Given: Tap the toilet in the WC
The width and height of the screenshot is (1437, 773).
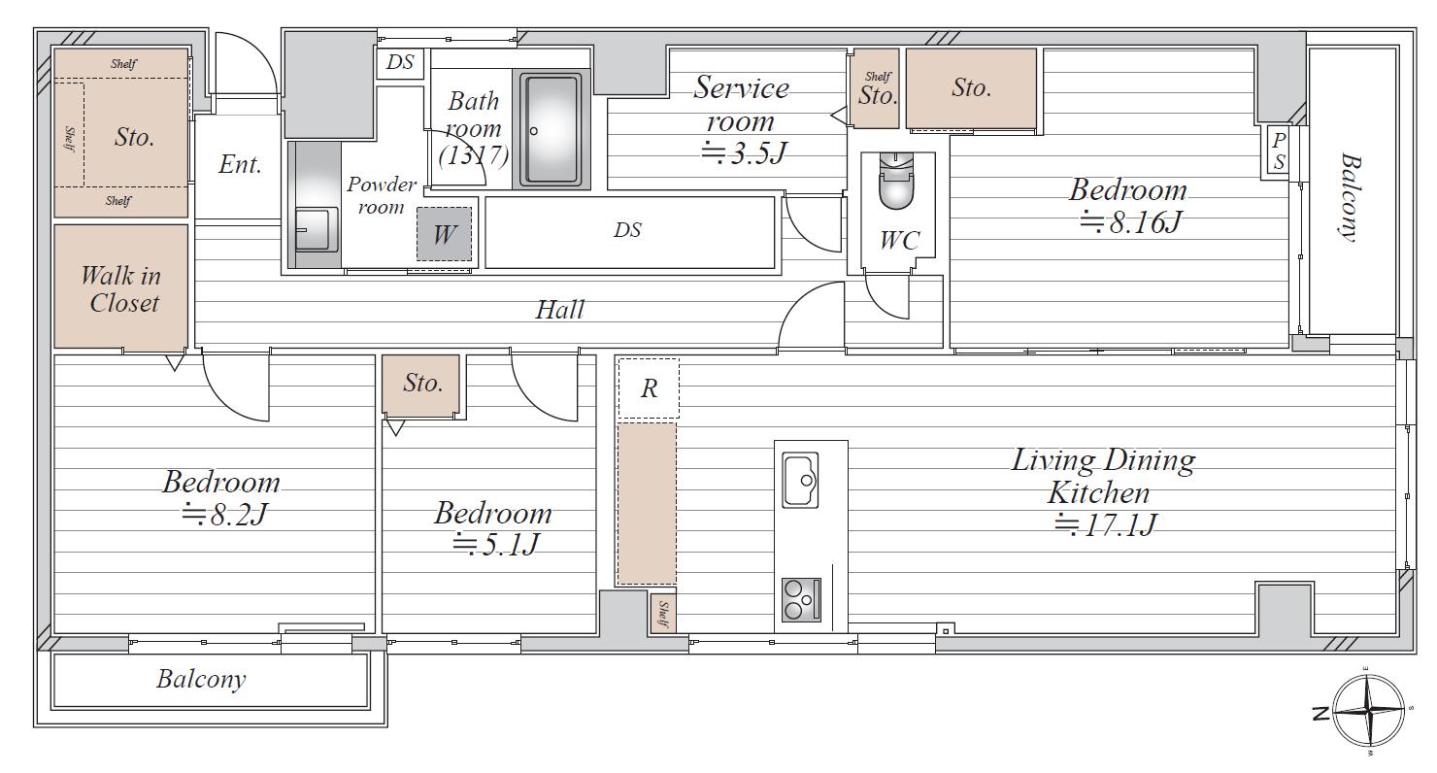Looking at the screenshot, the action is [x=896, y=181].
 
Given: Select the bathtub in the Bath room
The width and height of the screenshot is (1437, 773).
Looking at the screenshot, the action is [x=551, y=130].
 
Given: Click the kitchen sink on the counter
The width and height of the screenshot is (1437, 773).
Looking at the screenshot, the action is [x=801, y=481].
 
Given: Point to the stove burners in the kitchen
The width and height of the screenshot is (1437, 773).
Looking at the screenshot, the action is [x=801, y=600].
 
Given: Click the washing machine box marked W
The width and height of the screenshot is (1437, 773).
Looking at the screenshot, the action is [x=444, y=234].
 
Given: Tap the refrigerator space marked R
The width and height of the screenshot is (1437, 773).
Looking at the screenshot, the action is [x=649, y=388].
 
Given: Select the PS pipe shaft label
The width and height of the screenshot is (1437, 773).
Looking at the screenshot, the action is [x=1279, y=151].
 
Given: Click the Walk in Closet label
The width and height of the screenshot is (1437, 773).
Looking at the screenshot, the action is [x=122, y=289].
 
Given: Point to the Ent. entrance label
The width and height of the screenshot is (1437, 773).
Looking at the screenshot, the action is [x=240, y=165].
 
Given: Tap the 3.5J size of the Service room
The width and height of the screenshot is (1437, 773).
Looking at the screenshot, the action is [x=744, y=152].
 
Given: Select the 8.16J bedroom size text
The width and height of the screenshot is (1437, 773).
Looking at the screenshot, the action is [x=1130, y=222].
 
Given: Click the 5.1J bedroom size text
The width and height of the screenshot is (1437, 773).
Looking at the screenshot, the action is [x=494, y=545].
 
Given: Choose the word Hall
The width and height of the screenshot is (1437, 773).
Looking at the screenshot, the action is [x=559, y=310].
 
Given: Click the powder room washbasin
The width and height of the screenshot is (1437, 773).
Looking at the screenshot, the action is [x=316, y=228].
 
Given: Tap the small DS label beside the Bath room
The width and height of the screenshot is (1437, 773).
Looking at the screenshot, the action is [x=400, y=62].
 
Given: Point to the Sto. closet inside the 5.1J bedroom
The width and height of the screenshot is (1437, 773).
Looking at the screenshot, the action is [x=420, y=384].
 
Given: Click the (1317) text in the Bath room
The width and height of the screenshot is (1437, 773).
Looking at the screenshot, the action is [x=474, y=155].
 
